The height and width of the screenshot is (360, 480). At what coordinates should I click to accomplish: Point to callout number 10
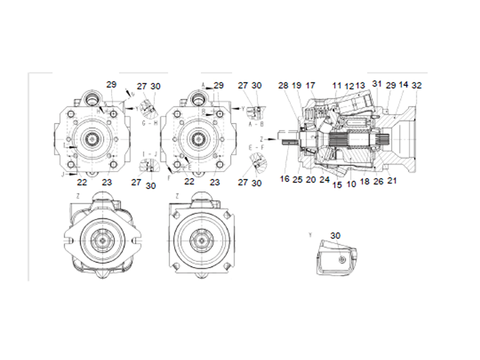[x=350, y=184]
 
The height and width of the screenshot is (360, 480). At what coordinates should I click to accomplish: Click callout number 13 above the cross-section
[x=361, y=86]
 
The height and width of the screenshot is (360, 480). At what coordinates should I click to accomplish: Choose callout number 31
[x=377, y=83]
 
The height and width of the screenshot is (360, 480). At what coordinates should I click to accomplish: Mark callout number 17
[x=311, y=86]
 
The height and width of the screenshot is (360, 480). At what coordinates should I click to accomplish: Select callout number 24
[x=325, y=179]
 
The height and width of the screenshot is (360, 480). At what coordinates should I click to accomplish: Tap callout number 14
[x=404, y=86]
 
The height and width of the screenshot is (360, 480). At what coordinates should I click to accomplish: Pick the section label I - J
[x=150, y=154]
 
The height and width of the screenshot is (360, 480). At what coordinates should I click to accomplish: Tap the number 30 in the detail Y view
[x=335, y=236]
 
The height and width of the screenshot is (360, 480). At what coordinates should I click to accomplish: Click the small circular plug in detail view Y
[x=340, y=259]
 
